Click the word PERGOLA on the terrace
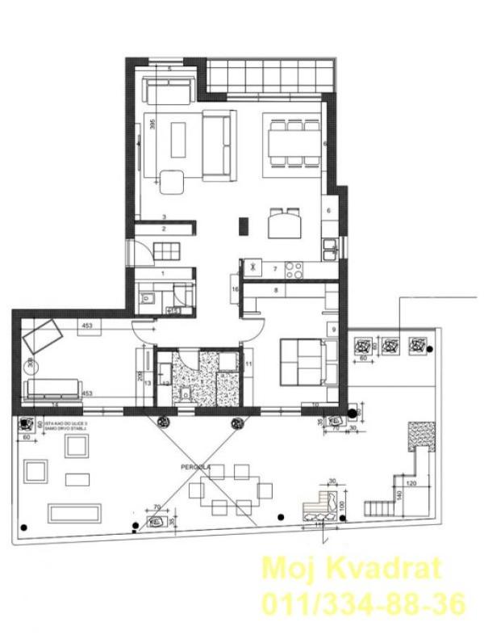(x=196, y=466)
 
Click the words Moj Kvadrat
(x=353, y=569)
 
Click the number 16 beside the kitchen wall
(x=235, y=289)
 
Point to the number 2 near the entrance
(x=163, y=229)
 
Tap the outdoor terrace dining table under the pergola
(x=225, y=488)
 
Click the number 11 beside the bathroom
(x=249, y=365)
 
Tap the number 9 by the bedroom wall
(x=332, y=329)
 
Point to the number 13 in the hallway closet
(x=148, y=383)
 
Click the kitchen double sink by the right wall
(x=330, y=251)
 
